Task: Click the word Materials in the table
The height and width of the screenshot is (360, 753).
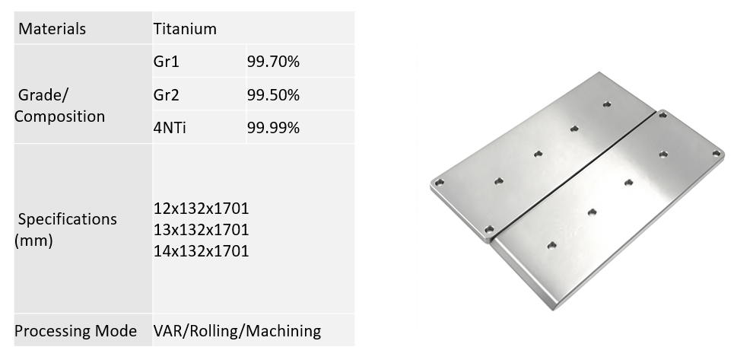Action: tap(52, 29)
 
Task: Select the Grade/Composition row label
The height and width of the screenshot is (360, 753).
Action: tap(59, 106)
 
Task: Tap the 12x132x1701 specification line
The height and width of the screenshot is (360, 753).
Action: tap(202, 209)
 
